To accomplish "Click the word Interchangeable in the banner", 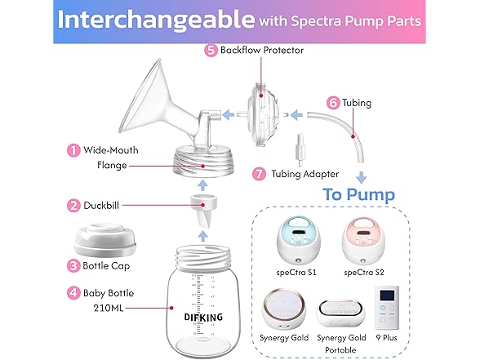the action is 156,20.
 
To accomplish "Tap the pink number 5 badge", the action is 211,51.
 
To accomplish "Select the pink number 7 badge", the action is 259,174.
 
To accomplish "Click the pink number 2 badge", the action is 73,206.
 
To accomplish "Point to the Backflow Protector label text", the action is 262,51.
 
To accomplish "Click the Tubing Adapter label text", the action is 305,174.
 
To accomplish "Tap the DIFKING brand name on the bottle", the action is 203,318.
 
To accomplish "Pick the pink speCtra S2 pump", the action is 363,240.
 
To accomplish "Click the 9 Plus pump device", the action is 387,308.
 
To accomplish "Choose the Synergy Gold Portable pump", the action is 341,313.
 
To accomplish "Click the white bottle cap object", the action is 105,240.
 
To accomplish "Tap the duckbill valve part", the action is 203,211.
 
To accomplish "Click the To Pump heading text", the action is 359,195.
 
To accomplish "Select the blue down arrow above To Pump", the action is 362,177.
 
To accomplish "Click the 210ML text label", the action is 109,308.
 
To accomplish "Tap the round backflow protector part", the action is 264,116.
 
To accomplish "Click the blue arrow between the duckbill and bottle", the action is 202,236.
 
